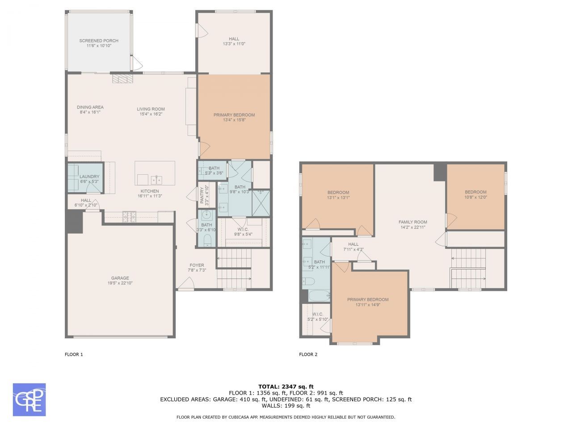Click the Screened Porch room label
(x=99, y=41)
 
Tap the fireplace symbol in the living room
(x=122, y=79)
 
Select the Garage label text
(x=120, y=278)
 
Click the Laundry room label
(x=89, y=177)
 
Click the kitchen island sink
(x=156, y=180)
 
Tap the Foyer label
(x=197, y=265)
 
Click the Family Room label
(x=412, y=222)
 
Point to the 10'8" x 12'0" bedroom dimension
(x=475, y=197)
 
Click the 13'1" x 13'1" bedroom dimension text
(x=338, y=198)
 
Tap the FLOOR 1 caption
(x=74, y=354)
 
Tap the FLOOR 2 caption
(x=308, y=354)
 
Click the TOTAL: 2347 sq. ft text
(x=286, y=387)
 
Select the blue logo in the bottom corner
(x=29, y=400)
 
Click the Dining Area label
(x=90, y=107)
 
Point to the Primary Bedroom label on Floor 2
(x=368, y=299)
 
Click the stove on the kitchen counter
(x=129, y=217)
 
